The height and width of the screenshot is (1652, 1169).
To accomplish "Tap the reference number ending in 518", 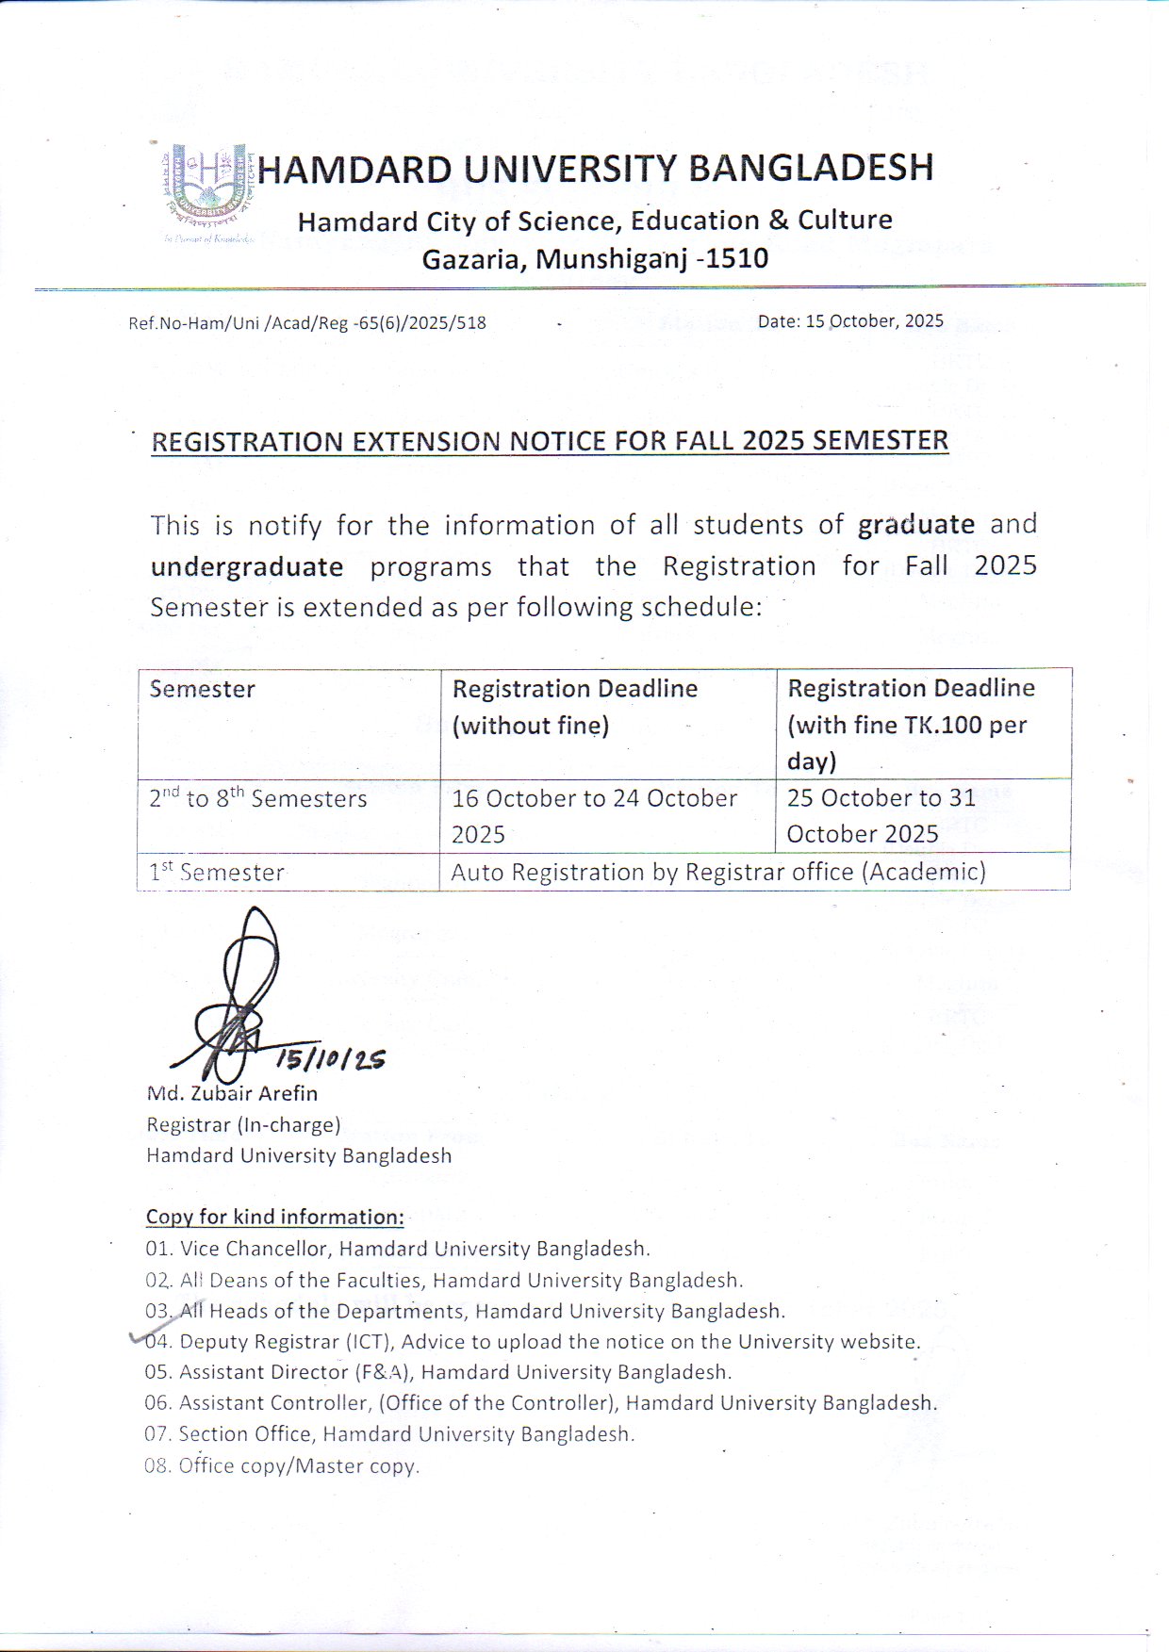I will coord(307,323).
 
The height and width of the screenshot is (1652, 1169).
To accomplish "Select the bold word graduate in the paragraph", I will coord(915,524).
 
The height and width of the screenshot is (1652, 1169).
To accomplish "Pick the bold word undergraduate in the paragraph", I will coord(247,566).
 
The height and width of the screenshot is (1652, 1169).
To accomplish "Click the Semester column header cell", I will coord(203,689).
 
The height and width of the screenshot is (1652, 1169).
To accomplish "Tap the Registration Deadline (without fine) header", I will coord(574,707).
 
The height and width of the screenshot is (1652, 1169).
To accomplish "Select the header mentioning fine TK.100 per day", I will coord(910,724).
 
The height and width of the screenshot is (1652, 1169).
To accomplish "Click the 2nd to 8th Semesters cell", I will coord(258,799).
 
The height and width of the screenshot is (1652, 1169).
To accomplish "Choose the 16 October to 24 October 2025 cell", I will coord(594,815).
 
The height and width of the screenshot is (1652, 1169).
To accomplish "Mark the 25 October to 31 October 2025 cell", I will coord(881,815).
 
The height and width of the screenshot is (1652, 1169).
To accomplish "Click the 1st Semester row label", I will coord(217,873).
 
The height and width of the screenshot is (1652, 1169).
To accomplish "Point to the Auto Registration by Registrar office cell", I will coord(718,872).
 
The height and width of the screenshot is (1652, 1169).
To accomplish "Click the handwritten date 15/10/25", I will coord(330,1059).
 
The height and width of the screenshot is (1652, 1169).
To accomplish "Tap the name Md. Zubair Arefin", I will coord(232,1093).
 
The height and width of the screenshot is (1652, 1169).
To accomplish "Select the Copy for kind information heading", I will coord(274,1217).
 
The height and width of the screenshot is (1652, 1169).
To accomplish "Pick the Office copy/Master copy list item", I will coord(282,1465).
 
